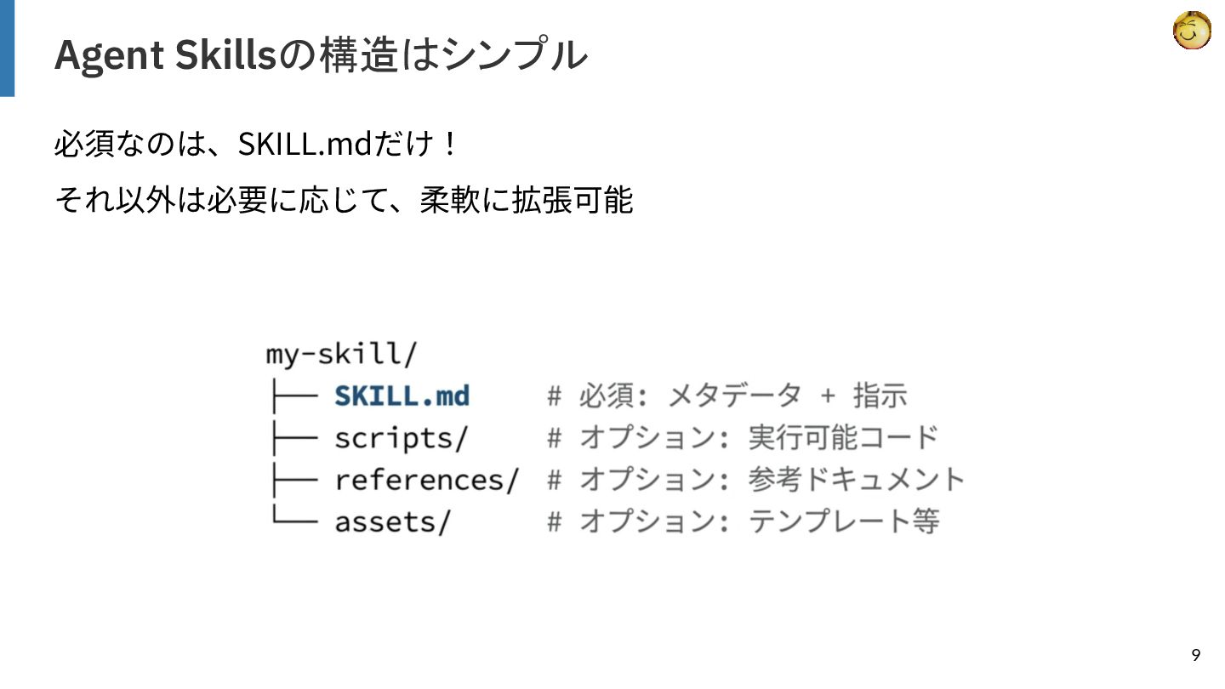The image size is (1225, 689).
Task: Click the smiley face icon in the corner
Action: tap(1191, 31)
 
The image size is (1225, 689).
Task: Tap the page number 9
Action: tap(1196, 655)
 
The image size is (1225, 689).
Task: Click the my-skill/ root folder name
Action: tap(341, 354)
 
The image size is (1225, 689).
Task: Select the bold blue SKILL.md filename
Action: tap(402, 396)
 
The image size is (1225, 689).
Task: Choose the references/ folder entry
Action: tap(426, 479)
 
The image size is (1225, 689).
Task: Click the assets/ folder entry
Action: tap(392, 521)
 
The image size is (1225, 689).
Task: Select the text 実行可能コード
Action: tap(843, 437)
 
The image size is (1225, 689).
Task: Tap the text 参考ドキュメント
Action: tap(856, 479)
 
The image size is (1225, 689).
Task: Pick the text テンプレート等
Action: tap(843, 521)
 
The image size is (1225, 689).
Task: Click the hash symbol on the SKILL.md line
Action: tap(555, 396)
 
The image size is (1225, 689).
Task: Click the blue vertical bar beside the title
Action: tap(7, 48)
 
